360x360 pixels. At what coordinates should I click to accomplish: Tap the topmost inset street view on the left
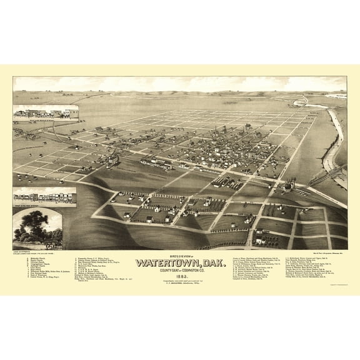pos(46,112)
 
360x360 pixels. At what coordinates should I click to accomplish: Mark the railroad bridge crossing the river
pos(319,176)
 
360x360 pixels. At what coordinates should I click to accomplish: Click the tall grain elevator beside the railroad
pos(288,185)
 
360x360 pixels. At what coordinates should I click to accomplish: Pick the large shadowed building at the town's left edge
pos(111,161)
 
